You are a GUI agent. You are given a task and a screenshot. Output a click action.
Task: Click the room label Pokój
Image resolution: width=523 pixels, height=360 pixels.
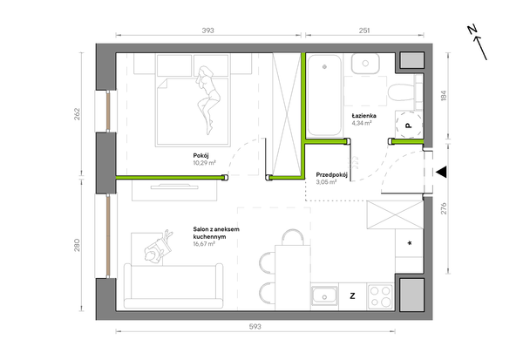(200, 155)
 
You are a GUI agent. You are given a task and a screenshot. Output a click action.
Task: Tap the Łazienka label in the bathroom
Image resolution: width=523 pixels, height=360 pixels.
(364, 116)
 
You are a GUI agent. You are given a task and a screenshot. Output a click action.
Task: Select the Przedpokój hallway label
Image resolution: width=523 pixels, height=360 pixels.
(332, 175)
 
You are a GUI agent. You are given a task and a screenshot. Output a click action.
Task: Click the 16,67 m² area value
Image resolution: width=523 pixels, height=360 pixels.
(204, 244)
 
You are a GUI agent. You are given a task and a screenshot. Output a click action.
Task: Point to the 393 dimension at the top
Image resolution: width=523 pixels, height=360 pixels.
(207, 31)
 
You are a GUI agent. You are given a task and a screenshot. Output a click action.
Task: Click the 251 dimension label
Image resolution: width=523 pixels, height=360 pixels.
(364, 31)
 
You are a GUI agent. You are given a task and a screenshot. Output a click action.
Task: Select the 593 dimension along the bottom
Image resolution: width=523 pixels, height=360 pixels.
(255, 327)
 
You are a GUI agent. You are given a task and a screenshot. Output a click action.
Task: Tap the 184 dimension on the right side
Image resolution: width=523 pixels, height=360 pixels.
(444, 96)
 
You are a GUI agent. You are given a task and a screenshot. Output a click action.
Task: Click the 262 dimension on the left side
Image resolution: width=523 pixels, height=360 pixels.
(77, 114)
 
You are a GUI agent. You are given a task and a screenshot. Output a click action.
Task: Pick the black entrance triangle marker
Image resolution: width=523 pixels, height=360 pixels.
(441, 173)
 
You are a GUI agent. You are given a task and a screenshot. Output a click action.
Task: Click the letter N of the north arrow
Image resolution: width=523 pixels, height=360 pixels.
(472, 30)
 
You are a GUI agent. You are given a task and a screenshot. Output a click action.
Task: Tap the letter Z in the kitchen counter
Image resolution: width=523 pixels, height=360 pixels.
(352, 296)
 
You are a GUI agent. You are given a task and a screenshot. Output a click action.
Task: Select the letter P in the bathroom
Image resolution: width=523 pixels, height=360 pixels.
(408, 126)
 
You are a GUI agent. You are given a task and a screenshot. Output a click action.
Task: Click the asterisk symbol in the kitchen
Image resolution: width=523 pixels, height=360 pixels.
(410, 243)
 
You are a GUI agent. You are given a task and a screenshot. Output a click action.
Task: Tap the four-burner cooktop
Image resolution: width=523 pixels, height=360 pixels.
(381, 296)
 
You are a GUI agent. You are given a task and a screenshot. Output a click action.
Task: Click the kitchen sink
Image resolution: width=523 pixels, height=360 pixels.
(324, 296)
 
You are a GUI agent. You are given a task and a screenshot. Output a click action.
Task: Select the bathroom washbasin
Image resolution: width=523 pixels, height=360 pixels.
(365, 64)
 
